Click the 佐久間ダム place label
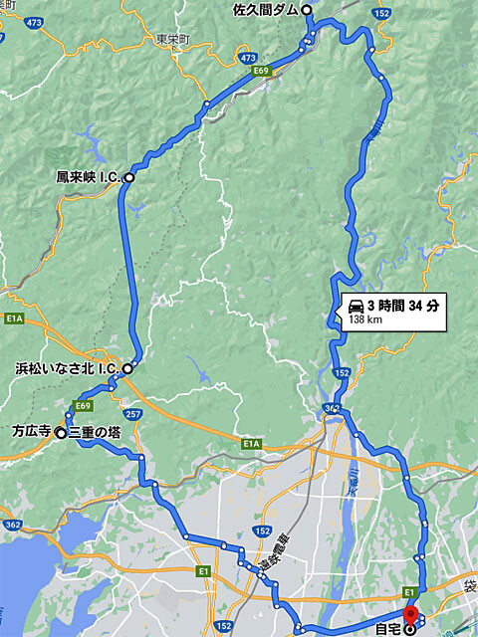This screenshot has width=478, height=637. (x=265, y=10)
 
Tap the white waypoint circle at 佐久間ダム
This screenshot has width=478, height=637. (x=307, y=10)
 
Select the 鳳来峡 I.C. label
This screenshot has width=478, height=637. (x=89, y=177)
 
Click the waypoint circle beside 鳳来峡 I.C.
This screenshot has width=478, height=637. (x=128, y=177)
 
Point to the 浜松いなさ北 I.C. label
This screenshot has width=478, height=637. (x=68, y=368)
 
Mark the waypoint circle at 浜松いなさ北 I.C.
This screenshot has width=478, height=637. (x=127, y=368)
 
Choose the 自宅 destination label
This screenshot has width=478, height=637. (x=385, y=627)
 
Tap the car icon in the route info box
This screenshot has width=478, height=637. (x=355, y=306)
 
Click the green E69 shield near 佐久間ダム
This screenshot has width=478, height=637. (x=261, y=72)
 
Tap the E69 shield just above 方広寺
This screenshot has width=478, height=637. (x=82, y=406)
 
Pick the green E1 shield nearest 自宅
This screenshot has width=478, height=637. (x=409, y=591)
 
